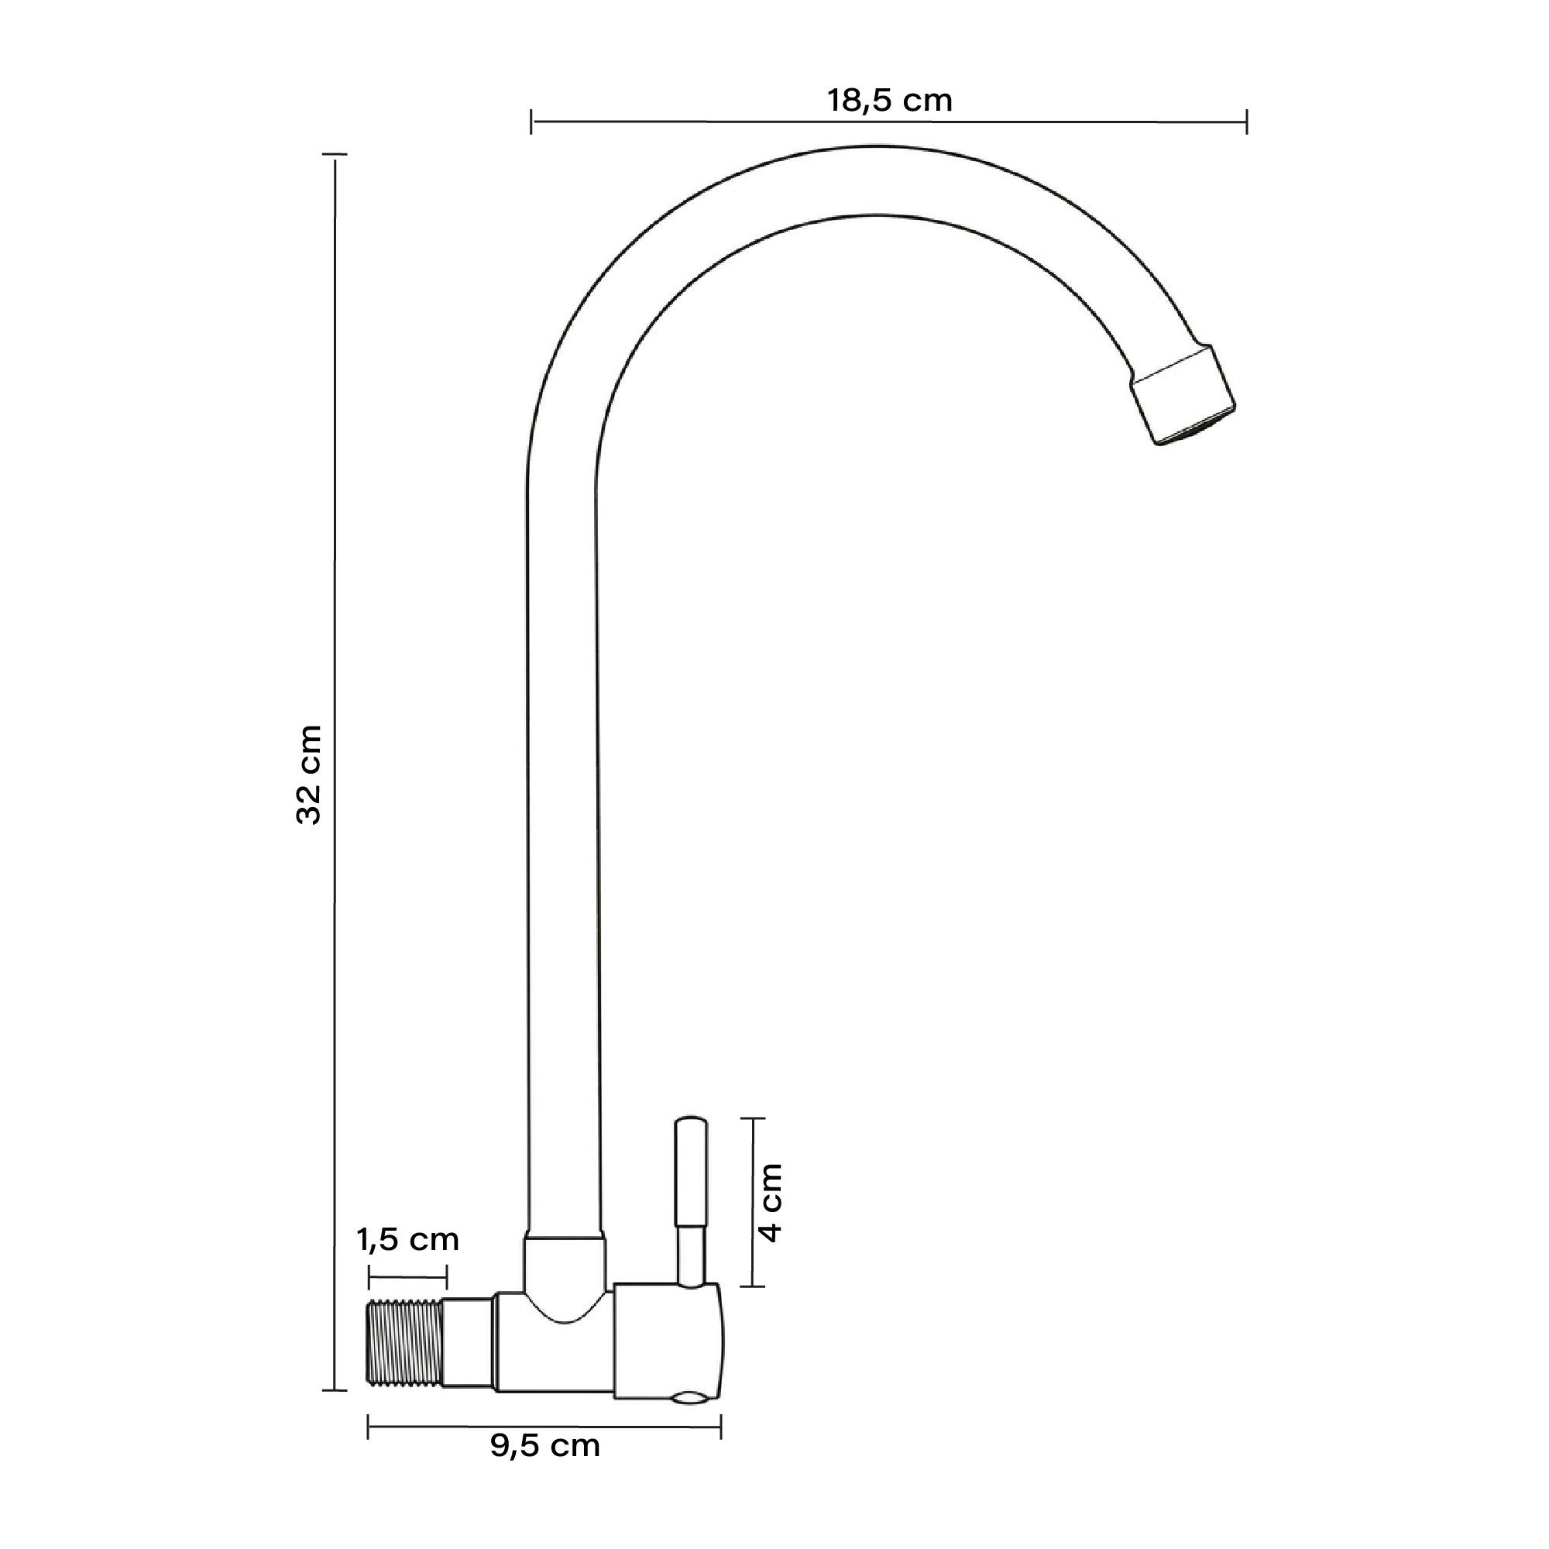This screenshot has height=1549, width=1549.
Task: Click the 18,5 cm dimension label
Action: [889, 101]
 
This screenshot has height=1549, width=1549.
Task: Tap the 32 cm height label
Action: [310, 774]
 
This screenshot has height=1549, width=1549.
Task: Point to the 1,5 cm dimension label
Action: [407, 1239]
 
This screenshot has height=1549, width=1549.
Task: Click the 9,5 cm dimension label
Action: [544, 1445]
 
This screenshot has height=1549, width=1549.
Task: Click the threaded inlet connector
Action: [404, 1342]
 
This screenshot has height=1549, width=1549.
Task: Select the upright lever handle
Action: [691, 1179]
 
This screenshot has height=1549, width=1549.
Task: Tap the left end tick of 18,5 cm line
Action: [531, 122]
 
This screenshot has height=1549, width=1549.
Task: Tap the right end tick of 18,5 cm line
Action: [1247, 122]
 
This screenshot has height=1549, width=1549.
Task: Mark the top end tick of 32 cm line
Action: [335, 154]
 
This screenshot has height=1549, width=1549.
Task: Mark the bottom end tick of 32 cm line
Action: [335, 1390]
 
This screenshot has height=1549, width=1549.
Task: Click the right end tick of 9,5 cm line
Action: [721, 1427]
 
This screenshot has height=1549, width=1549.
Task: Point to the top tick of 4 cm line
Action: [752, 1118]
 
